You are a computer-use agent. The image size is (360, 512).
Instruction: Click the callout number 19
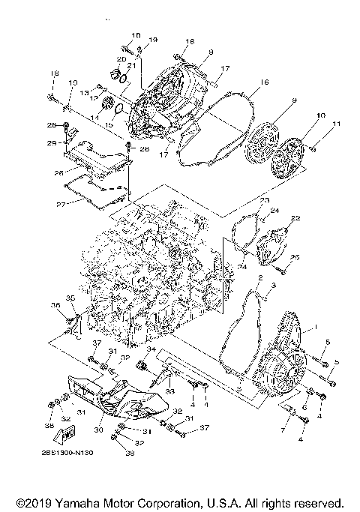coord(153,39)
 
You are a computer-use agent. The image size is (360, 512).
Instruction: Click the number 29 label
coord(52,142)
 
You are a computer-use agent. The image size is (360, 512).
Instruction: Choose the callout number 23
coord(265,202)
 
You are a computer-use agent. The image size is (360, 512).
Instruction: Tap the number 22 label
coord(295,217)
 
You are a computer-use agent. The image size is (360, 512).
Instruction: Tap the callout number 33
coord(169,391)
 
